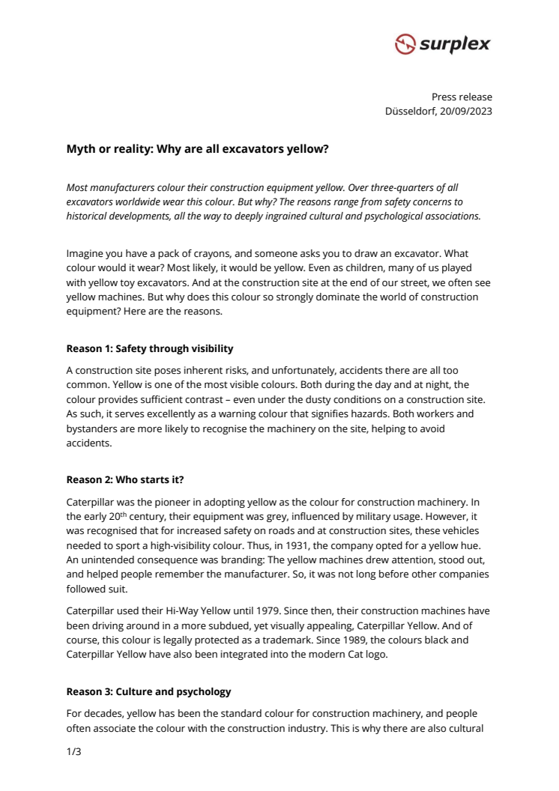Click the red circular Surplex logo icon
(405, 45)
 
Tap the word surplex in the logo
(455, 44)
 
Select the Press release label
(462, 97)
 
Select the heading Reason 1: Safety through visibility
(149, 348)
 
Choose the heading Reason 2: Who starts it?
(125, 479)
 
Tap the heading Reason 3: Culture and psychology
(148, 691)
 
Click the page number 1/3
(73, 751)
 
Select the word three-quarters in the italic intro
(409, 187)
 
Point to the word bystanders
(94, 428)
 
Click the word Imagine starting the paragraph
(85, 254)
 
